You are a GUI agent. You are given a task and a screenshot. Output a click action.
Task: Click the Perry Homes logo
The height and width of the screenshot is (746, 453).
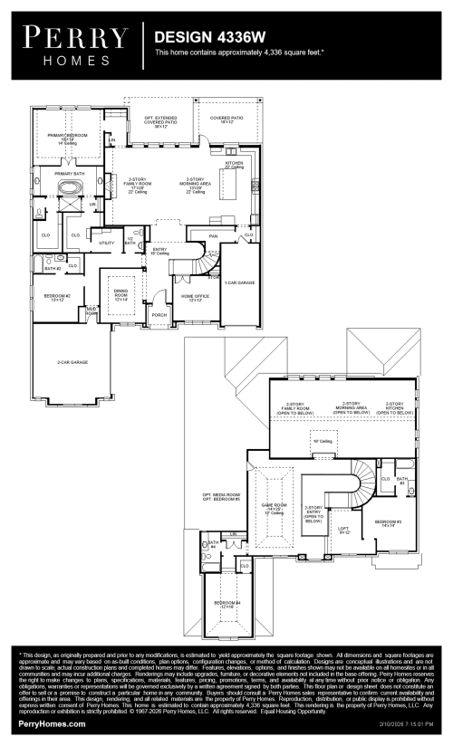pyautogui.click(x=76, y=44)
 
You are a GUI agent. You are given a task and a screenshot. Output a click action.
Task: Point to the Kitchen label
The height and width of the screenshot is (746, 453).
pyautogui.click(x=234, y=165)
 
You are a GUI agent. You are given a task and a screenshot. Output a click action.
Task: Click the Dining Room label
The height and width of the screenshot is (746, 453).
pyautogui.click(x=120, y=293)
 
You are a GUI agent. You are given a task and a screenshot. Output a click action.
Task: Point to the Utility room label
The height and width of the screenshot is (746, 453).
pyautogui.click(x=106, y=243)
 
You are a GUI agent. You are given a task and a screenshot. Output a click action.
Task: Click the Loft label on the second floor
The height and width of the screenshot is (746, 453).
pyautogui.click(x=343, y=530)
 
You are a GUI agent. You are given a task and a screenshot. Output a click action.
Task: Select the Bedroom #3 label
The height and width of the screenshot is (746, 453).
pyautogui.click(x=390, y=523)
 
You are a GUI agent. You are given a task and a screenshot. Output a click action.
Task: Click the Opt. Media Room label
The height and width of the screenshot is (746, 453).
pyautogui.click(x=221, y=496)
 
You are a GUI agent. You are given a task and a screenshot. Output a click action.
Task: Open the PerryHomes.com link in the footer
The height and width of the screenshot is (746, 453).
pyautogui.click(x=52, y=724)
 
